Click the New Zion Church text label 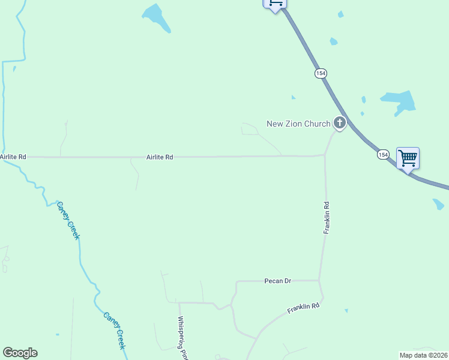point(298,124)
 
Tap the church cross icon point(340,124)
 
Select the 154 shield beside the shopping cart point(383,155)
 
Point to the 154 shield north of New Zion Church point(321,73)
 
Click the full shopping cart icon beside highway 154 point(408,158)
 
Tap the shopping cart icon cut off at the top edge point(275,4)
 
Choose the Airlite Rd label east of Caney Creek point(160,157)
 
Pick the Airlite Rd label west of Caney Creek point(13,157)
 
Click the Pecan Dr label point(278,281)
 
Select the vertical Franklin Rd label point(327,217)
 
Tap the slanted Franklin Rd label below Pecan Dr point(303,309)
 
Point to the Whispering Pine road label point(181,338)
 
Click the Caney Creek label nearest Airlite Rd point(68,220)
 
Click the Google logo point(20,353)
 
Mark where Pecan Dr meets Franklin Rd point(319,280)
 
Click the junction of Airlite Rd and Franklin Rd point(325,155)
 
